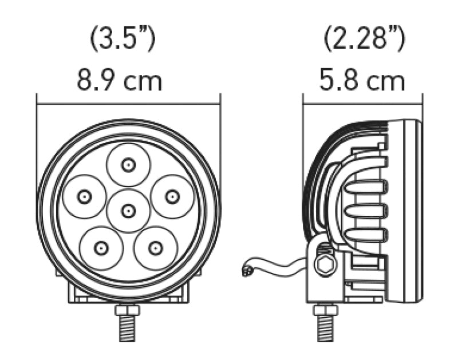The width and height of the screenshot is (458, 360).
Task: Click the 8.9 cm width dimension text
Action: click(x=120, y=81)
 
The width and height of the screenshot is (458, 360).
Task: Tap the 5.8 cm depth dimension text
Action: click(x=362, y=81)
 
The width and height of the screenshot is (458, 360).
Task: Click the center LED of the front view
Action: click(x=128, y=211)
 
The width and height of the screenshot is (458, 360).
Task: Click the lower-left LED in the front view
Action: click(x=101, y=248)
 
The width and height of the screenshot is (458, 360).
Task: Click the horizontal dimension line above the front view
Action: click(x=128, y=104)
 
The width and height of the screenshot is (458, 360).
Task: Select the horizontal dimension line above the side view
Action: click(x=362, y=104)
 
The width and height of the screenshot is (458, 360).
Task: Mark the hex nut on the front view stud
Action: click(x=128, y=310)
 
